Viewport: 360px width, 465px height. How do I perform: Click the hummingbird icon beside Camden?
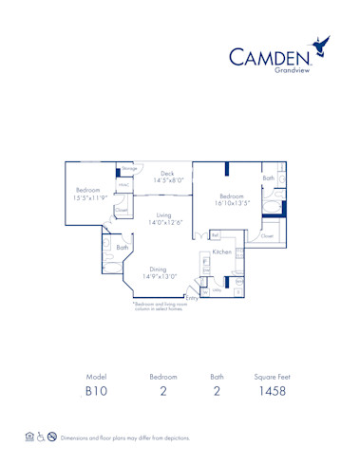point(326,45)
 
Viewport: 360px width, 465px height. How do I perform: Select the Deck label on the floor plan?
point(167,174)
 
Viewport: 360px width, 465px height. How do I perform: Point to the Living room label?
point(163,215)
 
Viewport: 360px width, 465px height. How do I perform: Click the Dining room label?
point(160,269)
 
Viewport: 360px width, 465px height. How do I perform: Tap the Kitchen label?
point(222,252)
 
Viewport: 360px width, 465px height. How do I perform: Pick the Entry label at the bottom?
point(192,297)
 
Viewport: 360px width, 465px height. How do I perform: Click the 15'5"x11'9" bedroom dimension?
point(89,197)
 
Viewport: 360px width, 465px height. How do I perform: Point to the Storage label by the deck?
point(129,169)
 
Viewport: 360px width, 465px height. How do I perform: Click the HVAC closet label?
point(123,185)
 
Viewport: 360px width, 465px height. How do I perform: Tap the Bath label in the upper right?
point(269,177)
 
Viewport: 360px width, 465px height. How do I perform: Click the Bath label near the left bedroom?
point(122,248)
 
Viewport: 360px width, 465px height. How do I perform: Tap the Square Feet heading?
point(272,377)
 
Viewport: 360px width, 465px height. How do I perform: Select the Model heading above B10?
point(96,377)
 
